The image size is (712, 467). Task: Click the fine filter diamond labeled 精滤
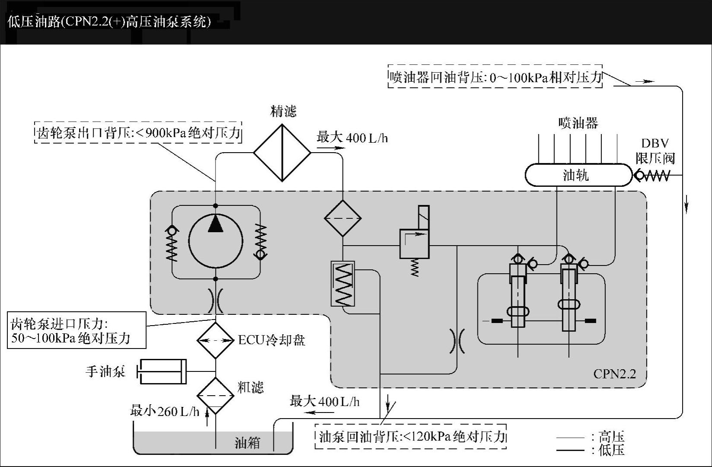tap(282, 153)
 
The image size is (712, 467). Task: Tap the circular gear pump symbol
tap(216, 240)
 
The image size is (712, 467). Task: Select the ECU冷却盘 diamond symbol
tap(215, 340)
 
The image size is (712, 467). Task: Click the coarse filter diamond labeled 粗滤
tap(215, 395)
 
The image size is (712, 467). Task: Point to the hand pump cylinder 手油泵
tap(162, 371)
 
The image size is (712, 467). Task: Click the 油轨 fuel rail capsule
tap(578, 175)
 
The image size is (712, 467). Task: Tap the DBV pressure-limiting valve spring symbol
tap(653, 176)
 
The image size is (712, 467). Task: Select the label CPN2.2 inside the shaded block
tap(614, 374)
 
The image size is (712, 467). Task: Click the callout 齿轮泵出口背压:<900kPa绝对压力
tap(138, 132)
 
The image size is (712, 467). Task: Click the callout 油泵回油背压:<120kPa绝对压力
tap(411, 436)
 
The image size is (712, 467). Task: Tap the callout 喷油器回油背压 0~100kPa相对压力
tap(495, 77)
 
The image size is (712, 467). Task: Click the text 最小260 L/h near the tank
tap(165, 411)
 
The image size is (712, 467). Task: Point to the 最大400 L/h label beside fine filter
tap(352, 138)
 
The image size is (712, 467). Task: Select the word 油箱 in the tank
tap(247, 443)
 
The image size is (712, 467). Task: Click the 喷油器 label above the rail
tap(578, 123)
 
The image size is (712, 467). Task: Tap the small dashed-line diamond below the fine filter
tap(343, 218)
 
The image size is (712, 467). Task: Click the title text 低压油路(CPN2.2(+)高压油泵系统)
tap(109, 22)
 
